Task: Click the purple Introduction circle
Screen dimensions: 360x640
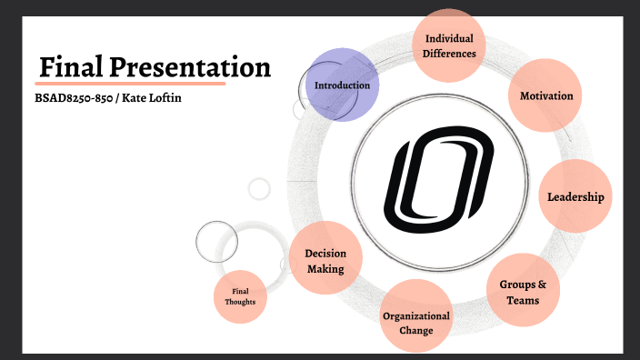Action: (341, 85)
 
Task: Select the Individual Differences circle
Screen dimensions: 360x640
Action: (449, 45)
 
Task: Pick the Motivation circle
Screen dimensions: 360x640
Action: (545, 95)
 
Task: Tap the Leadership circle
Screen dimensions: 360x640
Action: (575, 196)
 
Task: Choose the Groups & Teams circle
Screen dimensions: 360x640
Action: (523, 292)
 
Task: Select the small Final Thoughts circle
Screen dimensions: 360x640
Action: (241, 296)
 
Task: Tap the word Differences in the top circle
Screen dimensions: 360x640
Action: (449, 54)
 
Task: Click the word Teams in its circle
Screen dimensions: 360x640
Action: (524, 300)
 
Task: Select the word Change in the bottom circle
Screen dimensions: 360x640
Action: (416, 330)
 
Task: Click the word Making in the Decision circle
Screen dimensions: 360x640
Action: (325, 268)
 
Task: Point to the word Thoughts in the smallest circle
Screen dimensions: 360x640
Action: (241, 302)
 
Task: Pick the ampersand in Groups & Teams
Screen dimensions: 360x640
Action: (542, 284)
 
